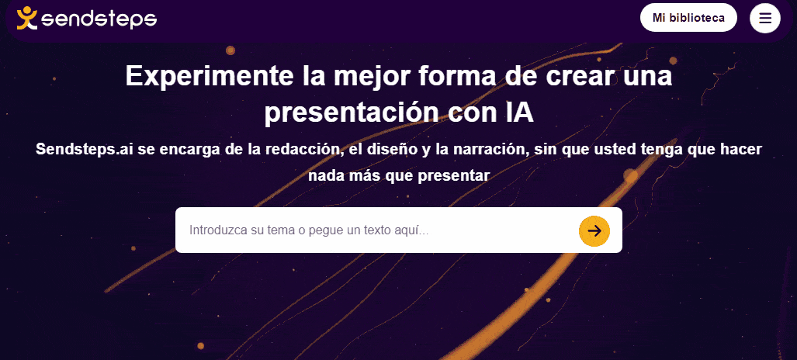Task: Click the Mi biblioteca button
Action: coord(688,18)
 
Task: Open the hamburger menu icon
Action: coord(765,19)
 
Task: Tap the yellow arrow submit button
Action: coord(594,231)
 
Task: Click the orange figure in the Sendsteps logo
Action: coord(27,19)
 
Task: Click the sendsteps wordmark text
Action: coord(99,19)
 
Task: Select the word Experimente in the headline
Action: coord(210,76)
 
